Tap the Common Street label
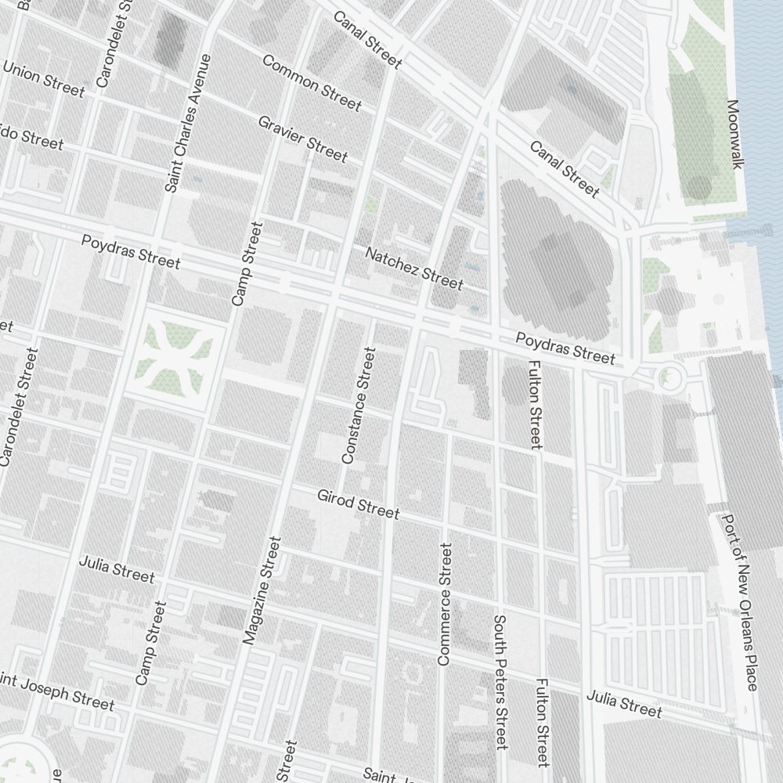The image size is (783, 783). (x=312, y=83)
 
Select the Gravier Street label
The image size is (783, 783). (x=302, y=139)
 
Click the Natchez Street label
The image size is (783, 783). (x=414, y=267)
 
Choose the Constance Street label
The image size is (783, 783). (x=359, y=405)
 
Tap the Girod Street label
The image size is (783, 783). (x=358, y=504)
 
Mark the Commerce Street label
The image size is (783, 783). (x=445, y=604)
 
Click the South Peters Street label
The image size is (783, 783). (x=501, y=681)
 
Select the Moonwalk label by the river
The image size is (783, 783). (x=734, y=134)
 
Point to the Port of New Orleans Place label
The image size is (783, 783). (x=740, y=602)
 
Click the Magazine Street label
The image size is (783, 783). (x=262, y=590)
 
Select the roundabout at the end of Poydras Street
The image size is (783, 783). (x=669, y=377)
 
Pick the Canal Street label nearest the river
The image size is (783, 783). (x=565, y=169)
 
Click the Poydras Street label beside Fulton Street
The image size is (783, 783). (x=565, y=347)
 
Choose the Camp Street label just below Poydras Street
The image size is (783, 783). (x=247, y=264)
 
